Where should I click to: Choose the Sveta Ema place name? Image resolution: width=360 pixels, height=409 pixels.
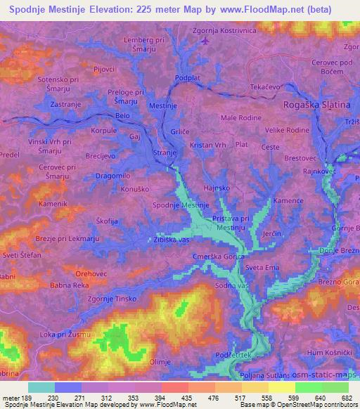click(x=269, y=268)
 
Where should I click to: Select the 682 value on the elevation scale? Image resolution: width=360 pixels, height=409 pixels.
click(x=347, y=397)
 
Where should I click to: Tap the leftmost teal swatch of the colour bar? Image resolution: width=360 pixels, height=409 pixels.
click(x=41, y=387)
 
